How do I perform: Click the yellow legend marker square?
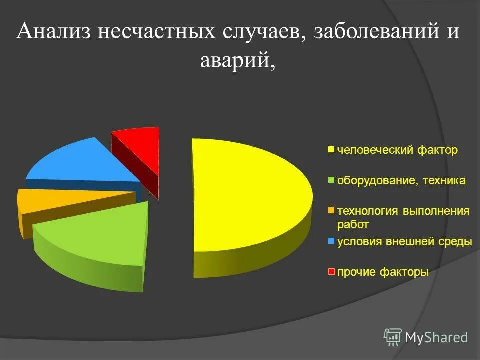(x=331, y=150)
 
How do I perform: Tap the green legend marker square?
(x=331, y=180)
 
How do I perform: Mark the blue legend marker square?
(x=331, y=242)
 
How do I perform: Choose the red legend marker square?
(x=331, y=272)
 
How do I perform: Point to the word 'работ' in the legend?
(x=353, y=224)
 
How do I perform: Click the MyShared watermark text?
(x=436, y=337)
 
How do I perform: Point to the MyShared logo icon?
(x=393, y=337)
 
